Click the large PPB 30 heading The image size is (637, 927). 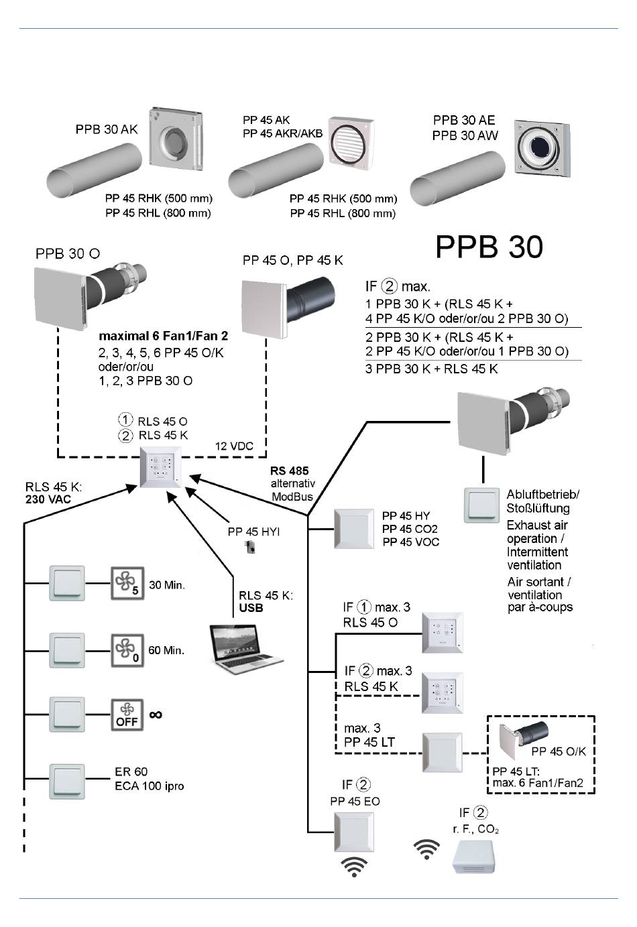coord(489,247)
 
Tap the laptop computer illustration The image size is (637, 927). coord(244,649)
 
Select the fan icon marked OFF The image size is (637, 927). coord(127,715)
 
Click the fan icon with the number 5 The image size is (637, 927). coord(127,583)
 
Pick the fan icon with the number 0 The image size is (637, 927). coord(127,650)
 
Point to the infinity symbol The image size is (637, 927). coord(156,715)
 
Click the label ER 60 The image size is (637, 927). coord(131,771)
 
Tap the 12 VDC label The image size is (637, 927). coord(234,446)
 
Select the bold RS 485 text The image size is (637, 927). coord(289,471)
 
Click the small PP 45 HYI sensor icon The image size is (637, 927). coord(249,547)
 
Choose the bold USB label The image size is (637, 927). coord(251,608)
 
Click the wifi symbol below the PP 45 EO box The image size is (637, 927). coord(354,867)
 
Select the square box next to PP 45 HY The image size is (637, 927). coord(354,529)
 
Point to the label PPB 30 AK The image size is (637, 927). coord(107,129)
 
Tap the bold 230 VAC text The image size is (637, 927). coord(48,499)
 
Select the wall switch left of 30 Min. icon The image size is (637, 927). coord(67,583)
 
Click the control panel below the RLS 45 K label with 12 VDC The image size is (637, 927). coord(161,467)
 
